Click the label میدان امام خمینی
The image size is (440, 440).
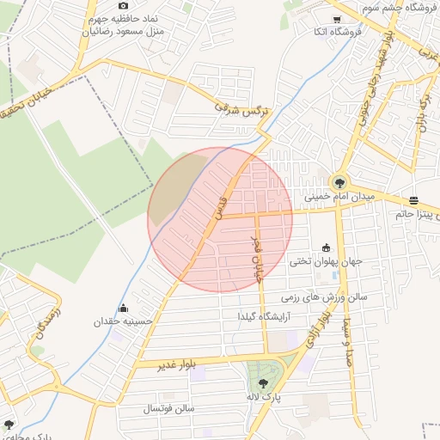tap(341, 197)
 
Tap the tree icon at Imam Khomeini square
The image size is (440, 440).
tap(339, 181)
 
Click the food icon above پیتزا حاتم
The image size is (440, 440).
tap(413, 199)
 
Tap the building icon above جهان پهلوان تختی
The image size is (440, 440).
tap(325, 247)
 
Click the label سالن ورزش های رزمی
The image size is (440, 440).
tap(323, 296)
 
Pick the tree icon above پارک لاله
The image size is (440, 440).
tap(263, 384)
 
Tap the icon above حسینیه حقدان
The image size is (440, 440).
tap(124, 309)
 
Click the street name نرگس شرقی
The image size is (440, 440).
tap(240, 109)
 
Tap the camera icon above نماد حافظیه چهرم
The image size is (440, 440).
tap(123, 6)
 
